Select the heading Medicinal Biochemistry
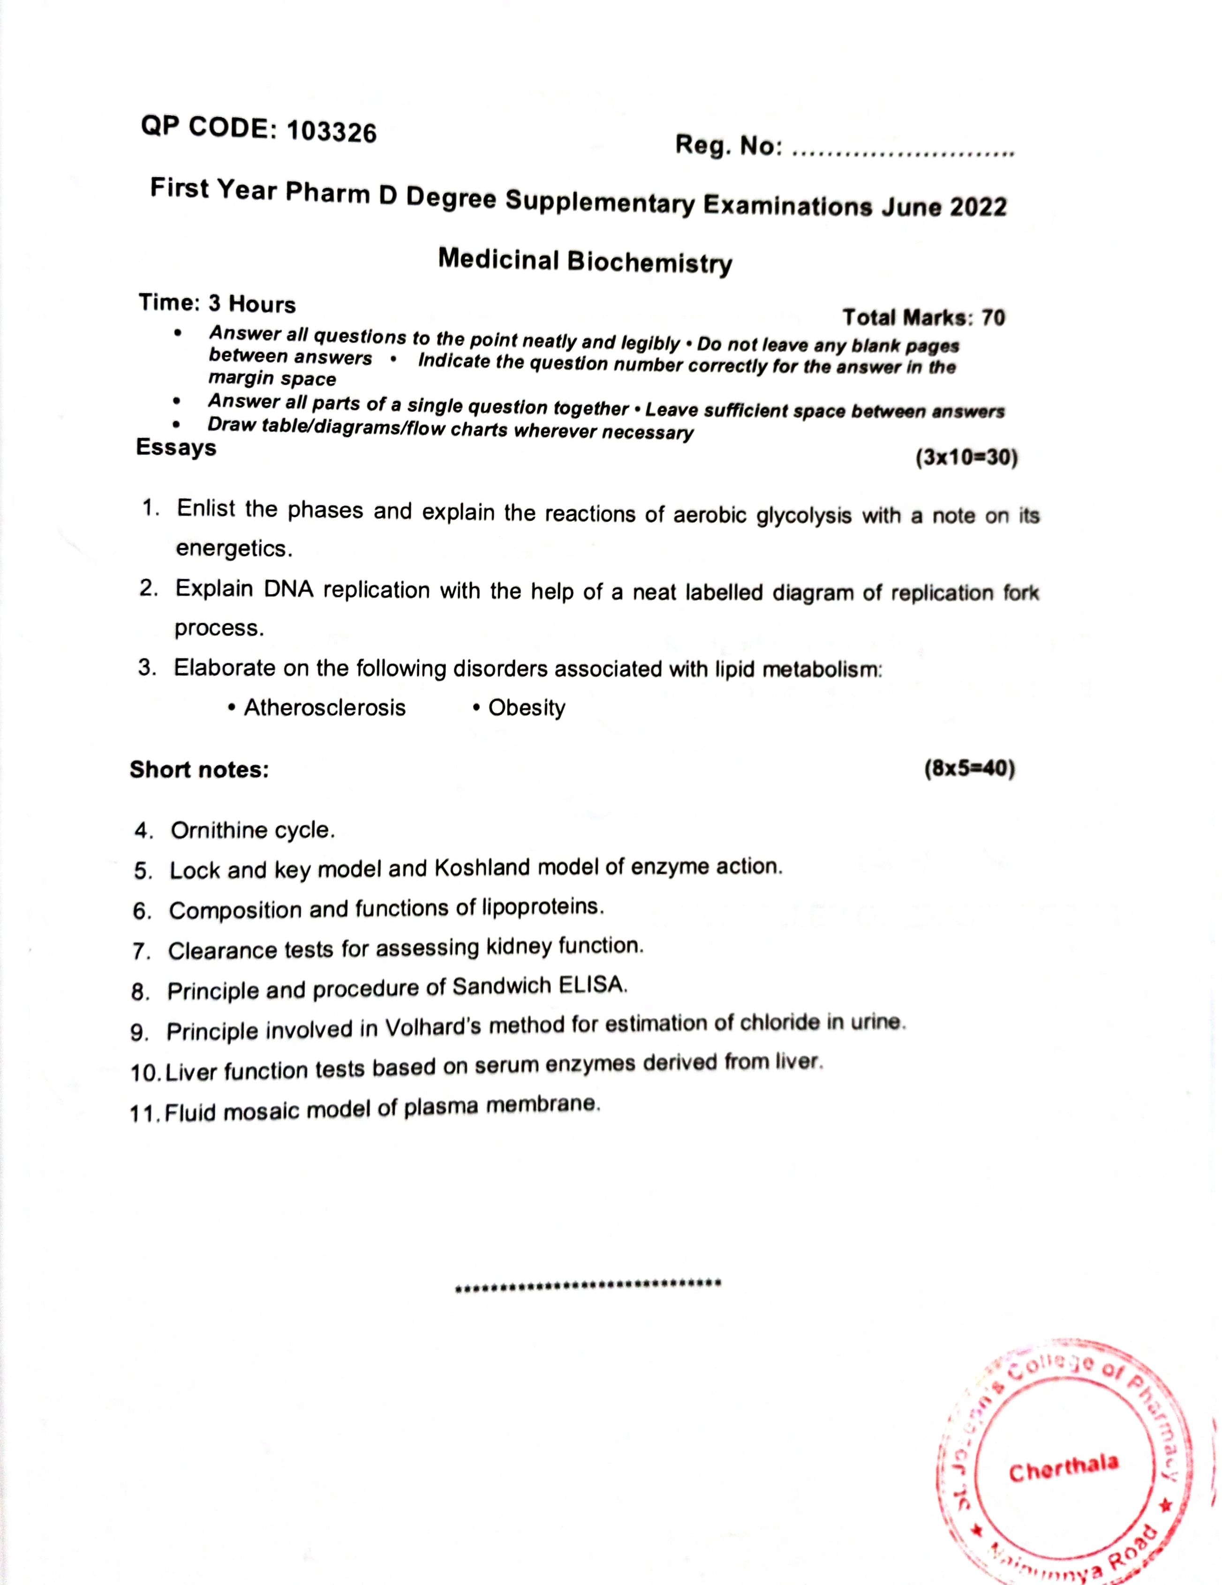[584, 261]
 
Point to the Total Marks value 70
[993, 318]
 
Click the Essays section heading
[176, 447]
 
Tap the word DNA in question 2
[288, 589]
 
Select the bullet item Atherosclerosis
[324, 708]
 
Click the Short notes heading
[199, 769]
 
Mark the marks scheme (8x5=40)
[969, 769]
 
